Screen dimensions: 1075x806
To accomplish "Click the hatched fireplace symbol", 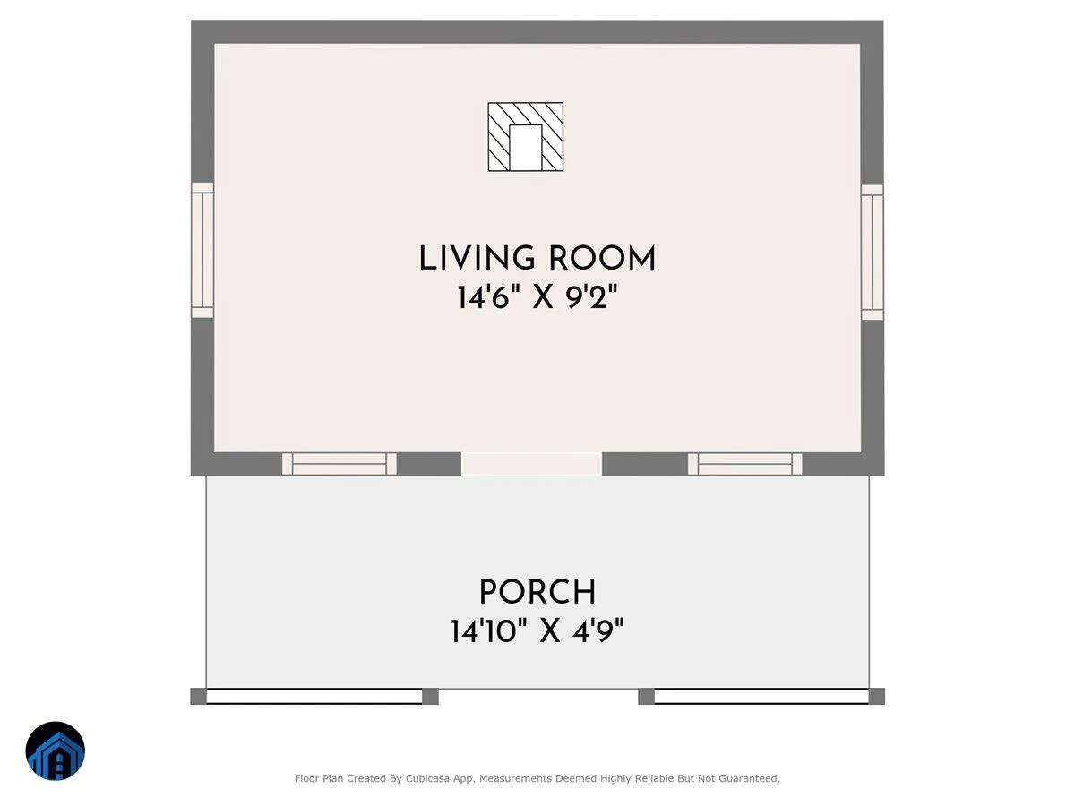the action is pos(526,137).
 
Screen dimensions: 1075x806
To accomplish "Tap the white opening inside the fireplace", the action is pos(526,148).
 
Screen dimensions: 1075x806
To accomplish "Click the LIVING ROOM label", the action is pos(537,259).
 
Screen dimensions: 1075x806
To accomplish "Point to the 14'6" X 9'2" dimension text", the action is pos(537,297).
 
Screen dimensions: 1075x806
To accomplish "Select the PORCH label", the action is pos(537,592).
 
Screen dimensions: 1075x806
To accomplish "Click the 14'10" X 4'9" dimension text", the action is pos(537,630).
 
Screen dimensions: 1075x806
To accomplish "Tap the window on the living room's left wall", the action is pos(202,250).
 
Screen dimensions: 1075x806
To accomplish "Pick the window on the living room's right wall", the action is pos(873,252).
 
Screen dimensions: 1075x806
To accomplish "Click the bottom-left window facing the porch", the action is pos(340,464).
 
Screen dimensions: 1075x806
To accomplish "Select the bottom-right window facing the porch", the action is pos(745,464).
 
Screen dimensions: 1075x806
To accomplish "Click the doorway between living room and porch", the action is pos(531,464).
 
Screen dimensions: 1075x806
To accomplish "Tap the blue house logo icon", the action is pos(56,750).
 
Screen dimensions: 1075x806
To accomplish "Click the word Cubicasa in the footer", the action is pos(427,778).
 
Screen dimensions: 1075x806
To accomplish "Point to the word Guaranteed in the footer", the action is pos(753,778).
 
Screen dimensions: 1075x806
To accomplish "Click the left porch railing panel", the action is pos(314,697).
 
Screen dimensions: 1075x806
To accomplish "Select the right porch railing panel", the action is pos(761,697).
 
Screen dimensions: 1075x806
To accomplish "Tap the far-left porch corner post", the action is pos(198,697).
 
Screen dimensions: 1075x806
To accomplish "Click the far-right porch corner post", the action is pos(877,697).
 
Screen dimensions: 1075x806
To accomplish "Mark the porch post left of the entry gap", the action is pos(431,697).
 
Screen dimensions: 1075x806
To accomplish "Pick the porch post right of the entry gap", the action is pos(647,697).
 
